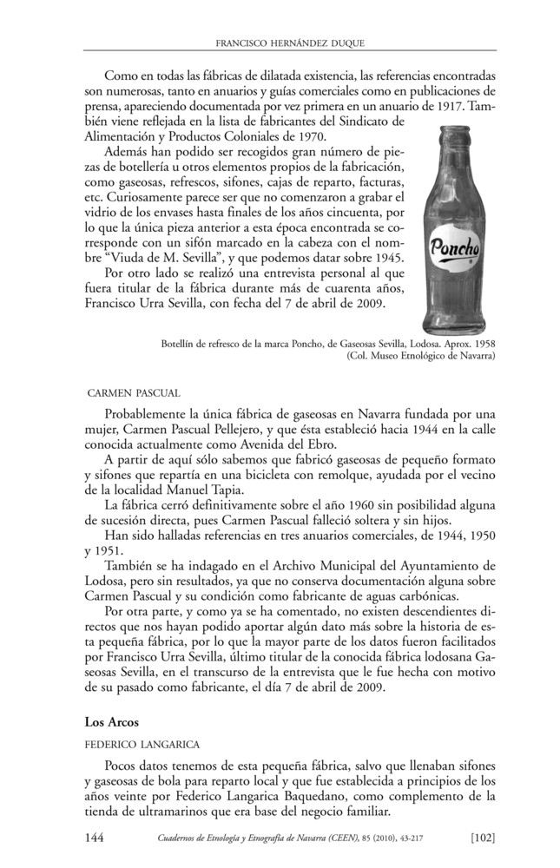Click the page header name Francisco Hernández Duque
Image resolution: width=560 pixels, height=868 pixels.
pyautogui.click(x=289, y=42)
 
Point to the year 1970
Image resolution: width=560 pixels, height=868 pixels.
pyautogui.click(x=309, y=137)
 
